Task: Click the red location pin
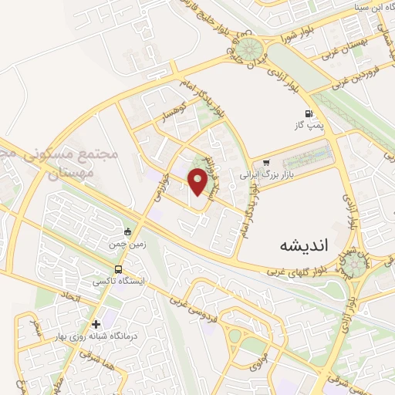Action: (x=198, y=181)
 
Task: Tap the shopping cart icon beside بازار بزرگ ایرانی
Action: (x=266, y=163)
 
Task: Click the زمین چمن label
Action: (x=128, y=244)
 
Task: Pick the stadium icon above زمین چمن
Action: (x=128, y=231)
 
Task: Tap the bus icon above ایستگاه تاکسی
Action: (x=118, y=269)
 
